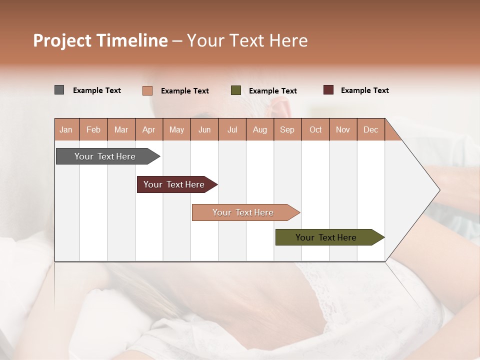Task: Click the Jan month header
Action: point(66,129)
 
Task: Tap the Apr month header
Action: point(149,129)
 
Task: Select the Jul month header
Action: point(232,129)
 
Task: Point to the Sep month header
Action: point(287,129)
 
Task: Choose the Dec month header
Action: point(370,129)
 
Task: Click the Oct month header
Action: point(315,129)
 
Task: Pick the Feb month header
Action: point(93,129)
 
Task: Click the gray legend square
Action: point(59,90)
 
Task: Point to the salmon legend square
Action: point(147,90)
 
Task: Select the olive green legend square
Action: point(236,90)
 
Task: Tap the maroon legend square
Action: point(328,90)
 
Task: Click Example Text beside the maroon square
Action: point(364,90)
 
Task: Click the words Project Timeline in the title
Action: point(100,40)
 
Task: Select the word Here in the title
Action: point(288,40)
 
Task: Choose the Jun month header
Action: point(204,129)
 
